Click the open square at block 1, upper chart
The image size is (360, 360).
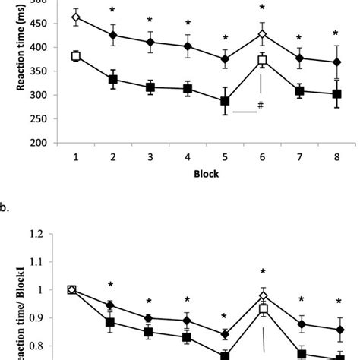click(76, 56)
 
